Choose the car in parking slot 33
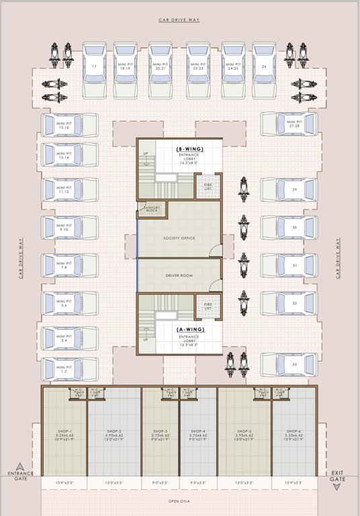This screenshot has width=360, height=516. tap(289, 365)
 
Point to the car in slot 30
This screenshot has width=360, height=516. tap(289, 228)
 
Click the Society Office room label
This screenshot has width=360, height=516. tap(179, 239)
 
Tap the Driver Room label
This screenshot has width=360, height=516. tap(179, 276)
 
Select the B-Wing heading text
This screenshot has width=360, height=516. tap(189, 148)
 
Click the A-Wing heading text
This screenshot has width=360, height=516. tap(189, 330)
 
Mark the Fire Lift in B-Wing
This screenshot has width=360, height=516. tap(208, 185)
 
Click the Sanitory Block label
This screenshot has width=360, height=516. tap(151, 210)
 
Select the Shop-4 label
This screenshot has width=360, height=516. tap(197, 431)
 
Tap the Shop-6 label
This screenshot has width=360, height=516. tap(294, 431)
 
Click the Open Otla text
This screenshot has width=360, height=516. tap(179, 501)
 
